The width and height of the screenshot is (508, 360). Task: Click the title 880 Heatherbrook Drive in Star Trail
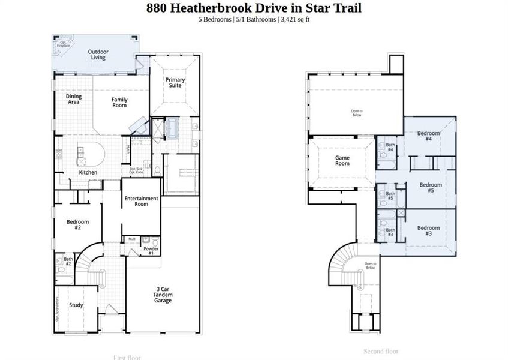pyautogui.click(x=254, y=8)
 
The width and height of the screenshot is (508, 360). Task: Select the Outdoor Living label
pyautogui.click(x=98, y=55)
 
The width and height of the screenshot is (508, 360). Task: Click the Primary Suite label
pyautogui.click(x=175, y=82)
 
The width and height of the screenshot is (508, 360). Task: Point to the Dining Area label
pyautogui.click(x=74, y=99)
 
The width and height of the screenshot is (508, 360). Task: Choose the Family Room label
pyautogui.click(x=119, y=102)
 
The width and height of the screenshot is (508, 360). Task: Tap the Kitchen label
pyautogui.click(x=88, y=173)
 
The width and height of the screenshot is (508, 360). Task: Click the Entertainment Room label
pyautogui.click(x=141, y=201)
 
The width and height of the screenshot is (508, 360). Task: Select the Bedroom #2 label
pyautogui.click(x=77, y=225)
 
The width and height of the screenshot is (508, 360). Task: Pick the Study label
pyautogui.click(x=76, y=305)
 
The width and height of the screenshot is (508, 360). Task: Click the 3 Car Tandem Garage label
pyautogui.click(x=163, y=295)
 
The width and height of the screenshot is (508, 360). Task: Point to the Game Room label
pyautogui.click(x=342, y=160)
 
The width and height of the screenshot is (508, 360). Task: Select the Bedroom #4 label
pyautogui.click(x=429, y=136)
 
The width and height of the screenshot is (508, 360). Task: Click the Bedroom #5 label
pyautogui.click(x=431, y=187)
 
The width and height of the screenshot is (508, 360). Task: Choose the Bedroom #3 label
pyautogui.click(x=428, y=230)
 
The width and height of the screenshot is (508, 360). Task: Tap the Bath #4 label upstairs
pyautogui.click(x=390, y=148)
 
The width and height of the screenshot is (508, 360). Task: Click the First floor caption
pyautogui.click(x=127, y=358)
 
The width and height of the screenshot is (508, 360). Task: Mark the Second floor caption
pyautogui.click(x=381, y=351)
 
